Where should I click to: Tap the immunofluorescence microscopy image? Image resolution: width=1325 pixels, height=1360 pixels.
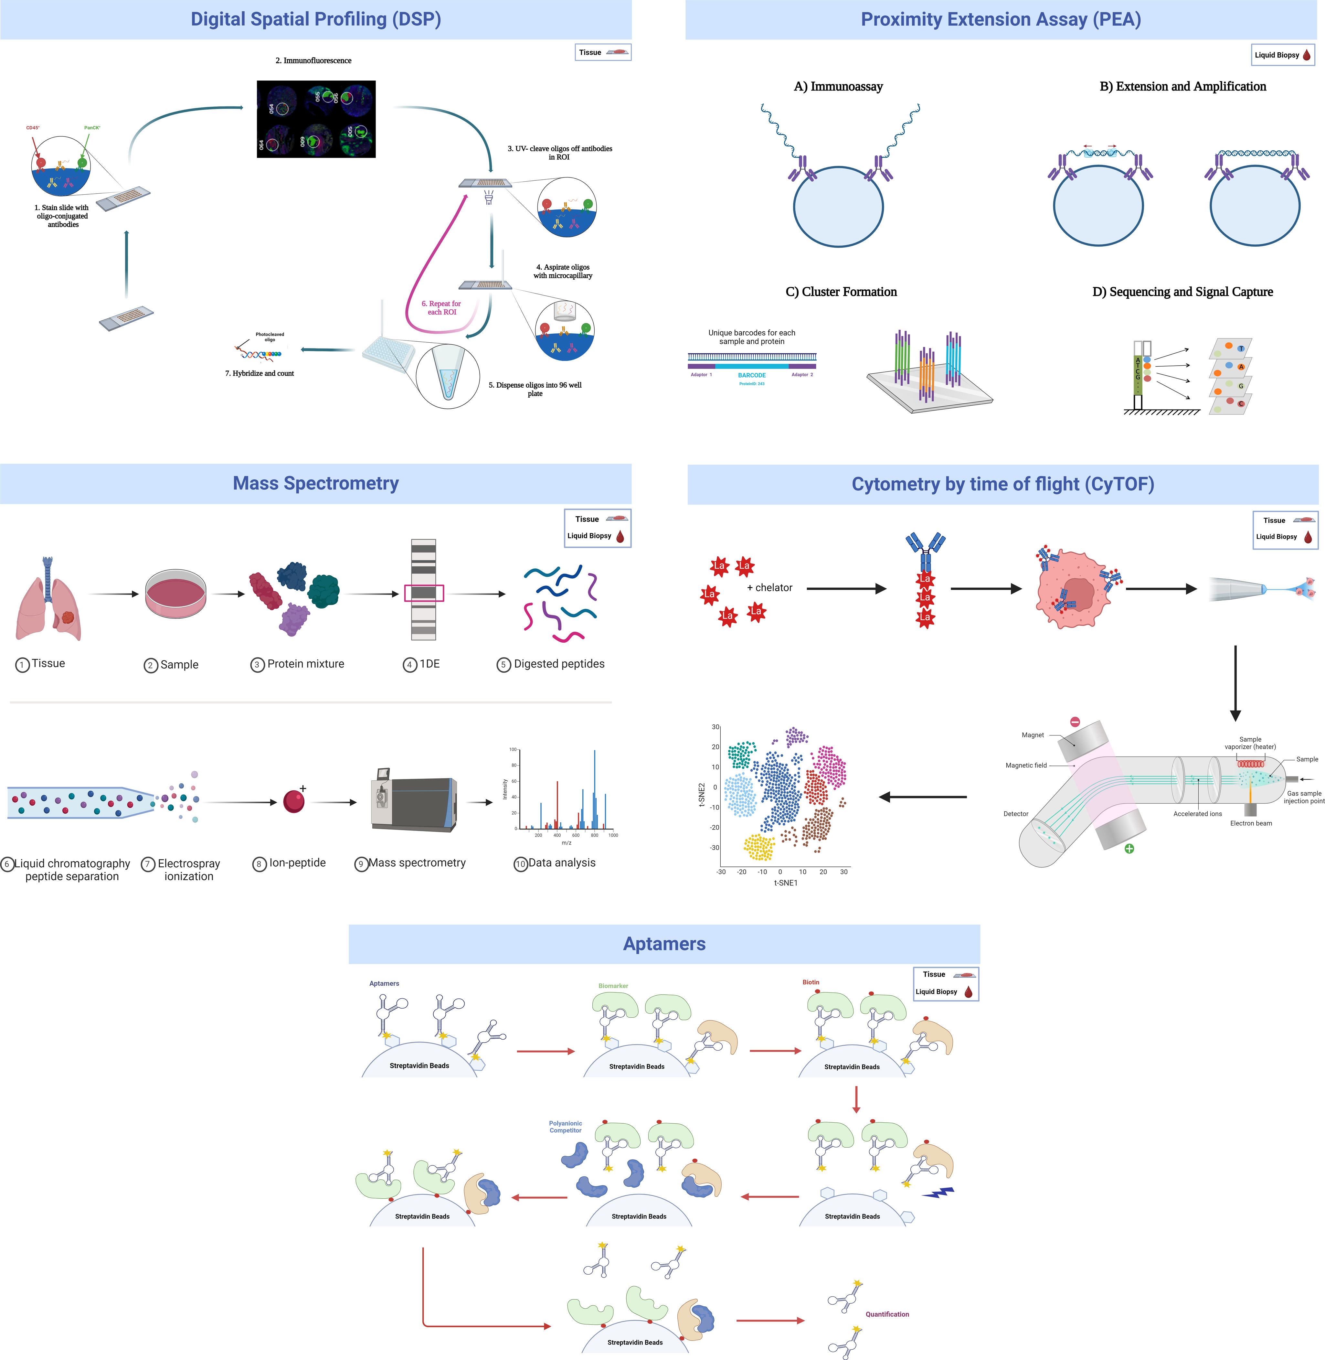tap(316, 119)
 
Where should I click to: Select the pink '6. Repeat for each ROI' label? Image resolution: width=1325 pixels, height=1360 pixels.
tap(441, 308)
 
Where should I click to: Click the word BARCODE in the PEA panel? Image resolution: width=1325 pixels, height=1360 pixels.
tap(752, 375)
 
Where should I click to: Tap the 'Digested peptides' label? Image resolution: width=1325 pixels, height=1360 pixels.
tap(559, 664)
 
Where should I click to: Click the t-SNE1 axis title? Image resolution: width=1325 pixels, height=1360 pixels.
tap(786, 883)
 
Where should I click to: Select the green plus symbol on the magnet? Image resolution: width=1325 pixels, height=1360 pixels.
tap(1129, 849)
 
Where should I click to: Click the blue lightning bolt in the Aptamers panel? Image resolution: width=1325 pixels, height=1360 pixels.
tap(938, 1192)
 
